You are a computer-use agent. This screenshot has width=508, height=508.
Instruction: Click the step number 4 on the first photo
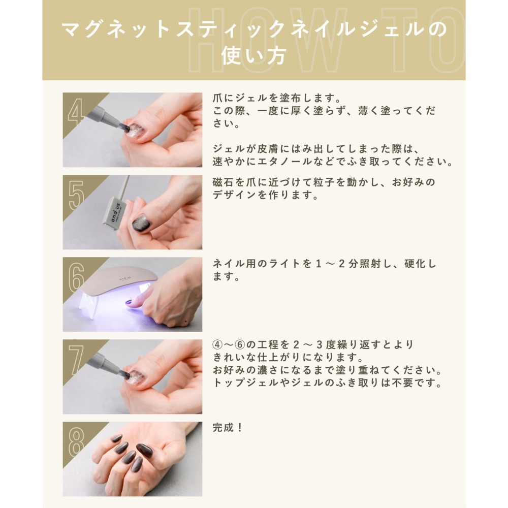tap(76, 112)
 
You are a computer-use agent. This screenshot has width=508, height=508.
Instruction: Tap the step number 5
tap(76, 195)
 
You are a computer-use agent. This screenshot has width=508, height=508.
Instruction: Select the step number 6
tap(76, 277)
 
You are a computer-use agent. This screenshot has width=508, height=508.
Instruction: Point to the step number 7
tap(76, 359)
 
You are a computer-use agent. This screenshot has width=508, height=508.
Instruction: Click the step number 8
tap(76, 441)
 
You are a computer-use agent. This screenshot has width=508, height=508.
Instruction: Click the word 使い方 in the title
tap(253, 55)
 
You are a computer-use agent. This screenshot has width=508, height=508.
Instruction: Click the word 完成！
tap(228, 428)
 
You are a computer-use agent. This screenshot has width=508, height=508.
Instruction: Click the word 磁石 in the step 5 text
tap(224, 182)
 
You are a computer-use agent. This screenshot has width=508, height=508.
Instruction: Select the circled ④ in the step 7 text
tap(217, 345)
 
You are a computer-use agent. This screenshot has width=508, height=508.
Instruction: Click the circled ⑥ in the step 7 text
tap(240, 345)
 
